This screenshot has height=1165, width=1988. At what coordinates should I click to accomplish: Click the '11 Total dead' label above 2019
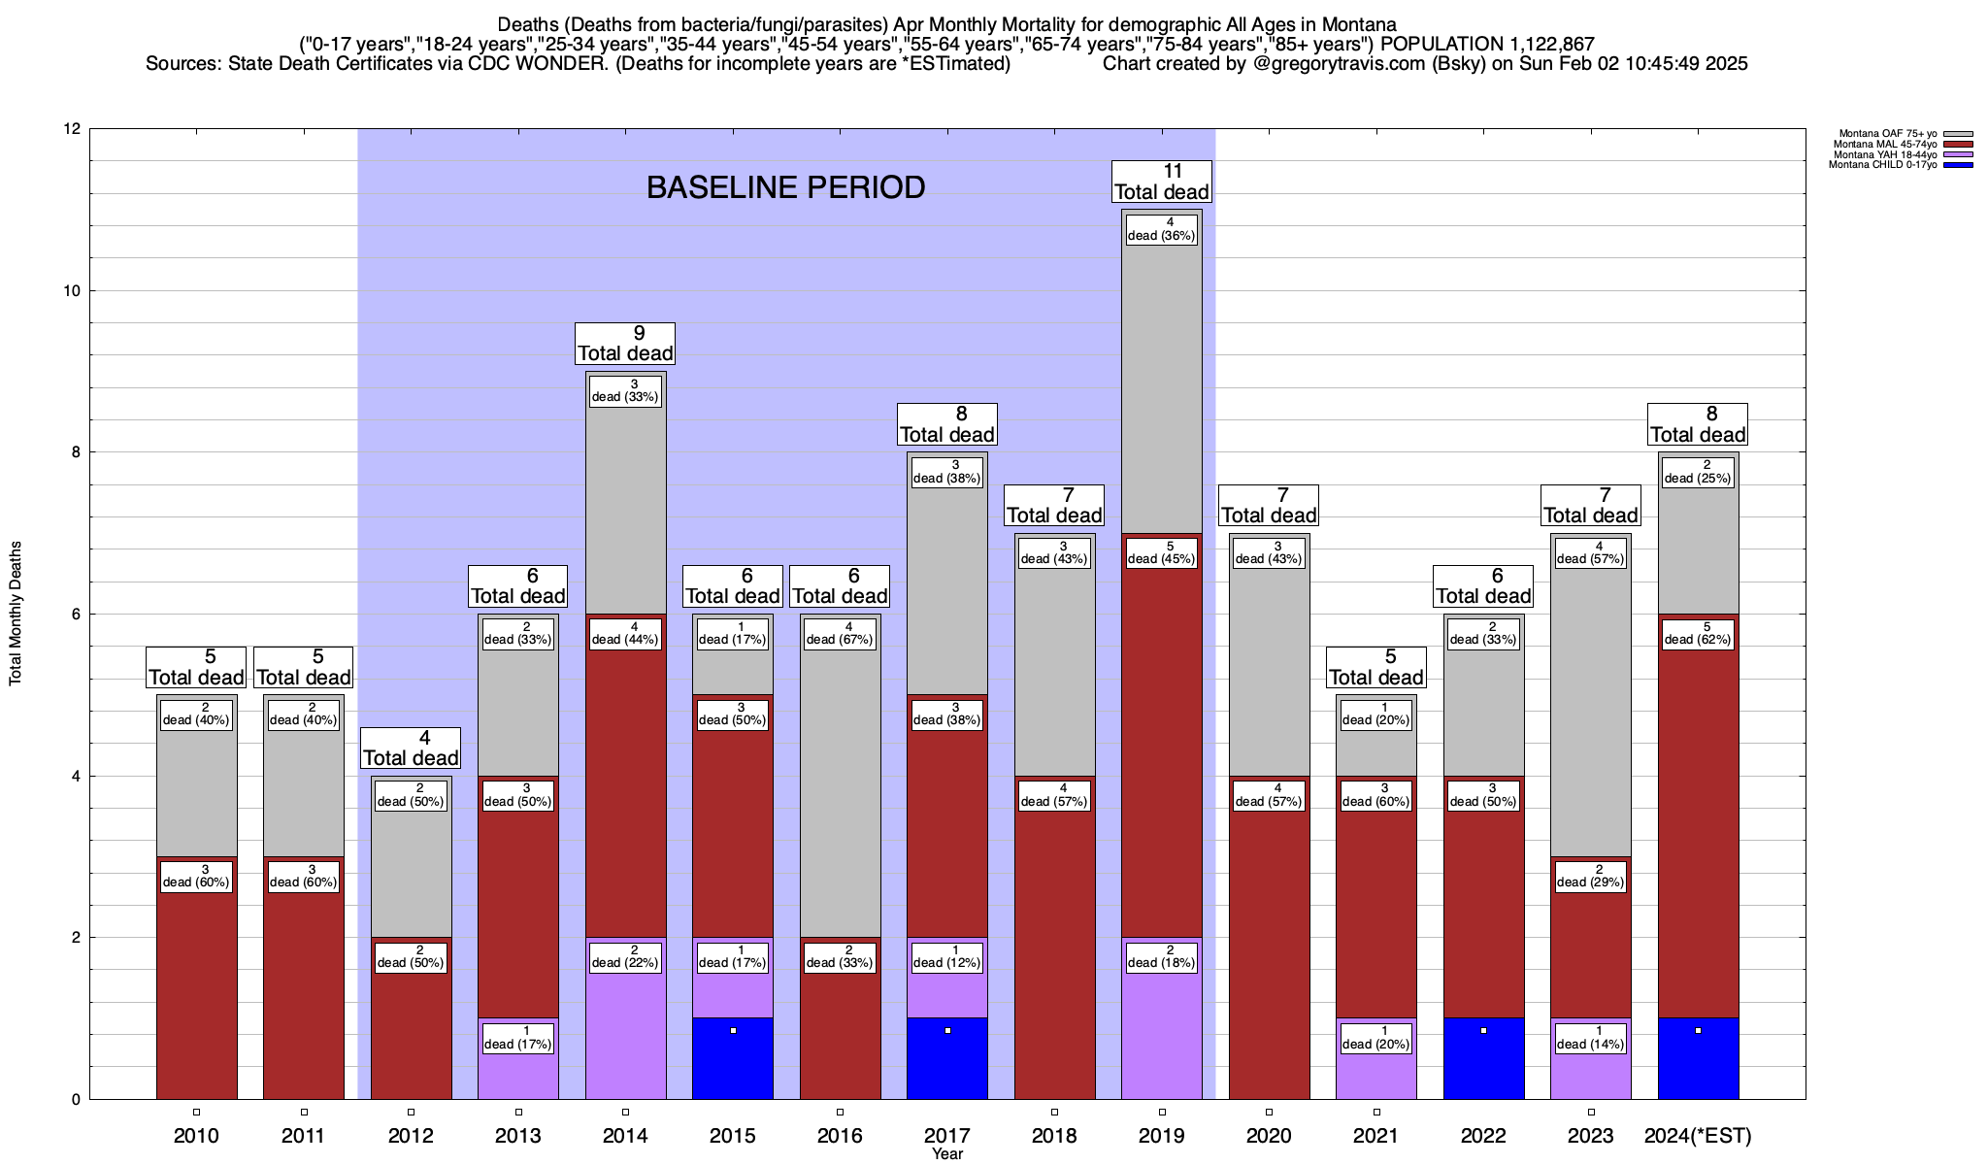[x=1161, y=182]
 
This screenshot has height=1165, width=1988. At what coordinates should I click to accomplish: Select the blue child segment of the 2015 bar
[x=733, y=1058]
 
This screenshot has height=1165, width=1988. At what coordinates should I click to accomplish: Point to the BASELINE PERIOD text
[x=785, y=187]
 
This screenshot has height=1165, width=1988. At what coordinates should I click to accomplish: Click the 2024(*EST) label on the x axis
[x=1698, y=1136]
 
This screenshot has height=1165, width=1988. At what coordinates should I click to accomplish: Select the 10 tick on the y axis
[x=73, y=291]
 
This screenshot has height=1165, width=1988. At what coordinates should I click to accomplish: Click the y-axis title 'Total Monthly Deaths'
[x=16, y=614]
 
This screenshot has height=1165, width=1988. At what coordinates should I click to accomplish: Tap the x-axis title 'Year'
[x=946, y=1154]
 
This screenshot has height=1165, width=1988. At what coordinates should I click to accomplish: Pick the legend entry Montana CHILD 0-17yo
[x=1882, y=165]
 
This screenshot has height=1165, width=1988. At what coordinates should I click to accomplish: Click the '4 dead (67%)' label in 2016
[x=840, y=633]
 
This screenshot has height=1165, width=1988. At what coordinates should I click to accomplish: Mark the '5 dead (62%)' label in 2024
[x=1698, y=633]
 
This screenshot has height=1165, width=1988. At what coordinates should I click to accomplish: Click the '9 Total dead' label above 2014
[x=625, y=344]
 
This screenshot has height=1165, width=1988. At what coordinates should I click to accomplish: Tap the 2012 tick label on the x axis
[x=411, y=1136]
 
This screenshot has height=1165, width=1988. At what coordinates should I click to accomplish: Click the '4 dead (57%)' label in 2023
[x=1591, y=552]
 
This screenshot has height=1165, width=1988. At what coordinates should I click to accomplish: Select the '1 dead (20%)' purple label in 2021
[x=1376, y=1038]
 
